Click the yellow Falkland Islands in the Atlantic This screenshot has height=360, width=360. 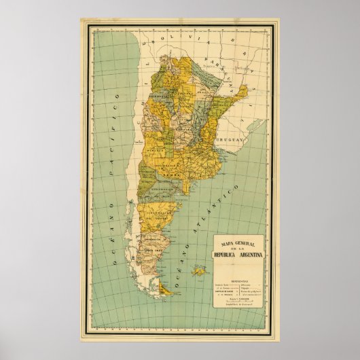[x=199, y=272]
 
